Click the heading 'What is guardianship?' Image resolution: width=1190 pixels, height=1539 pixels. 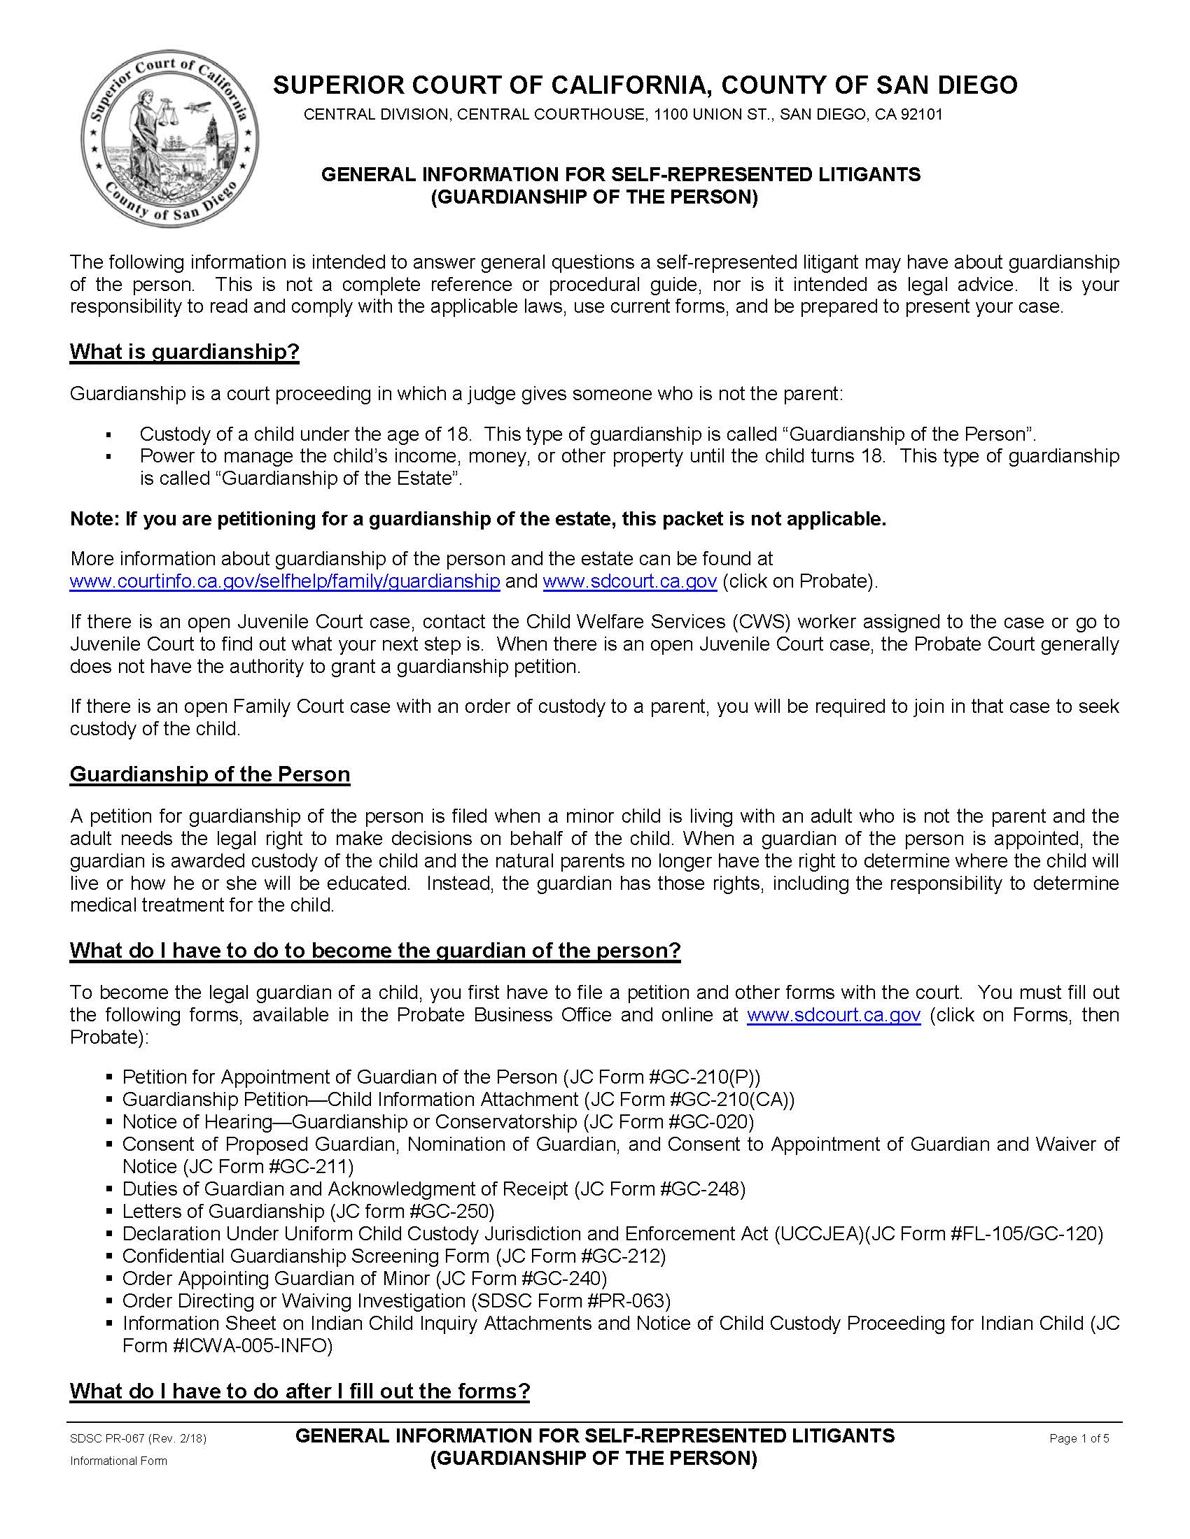pos(185,352)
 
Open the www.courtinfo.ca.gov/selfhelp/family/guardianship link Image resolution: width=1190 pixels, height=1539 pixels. pos(285,581)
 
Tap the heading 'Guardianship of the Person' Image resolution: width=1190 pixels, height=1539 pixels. pos(209,774)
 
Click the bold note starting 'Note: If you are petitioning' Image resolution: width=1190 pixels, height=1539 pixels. pos(477,519)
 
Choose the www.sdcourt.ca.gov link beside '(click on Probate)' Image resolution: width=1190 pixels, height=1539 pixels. pos(630,581)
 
